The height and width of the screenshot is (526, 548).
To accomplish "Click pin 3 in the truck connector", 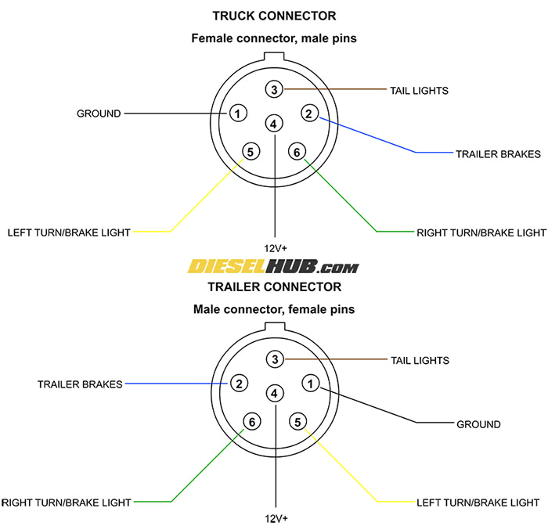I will [274, 89].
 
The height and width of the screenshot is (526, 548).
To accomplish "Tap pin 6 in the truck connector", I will [297, 151].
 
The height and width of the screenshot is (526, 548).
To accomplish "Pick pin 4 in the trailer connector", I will [274, 393].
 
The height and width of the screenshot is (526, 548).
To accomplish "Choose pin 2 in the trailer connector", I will [239, 384].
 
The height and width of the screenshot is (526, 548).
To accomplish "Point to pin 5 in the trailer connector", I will [297, 422].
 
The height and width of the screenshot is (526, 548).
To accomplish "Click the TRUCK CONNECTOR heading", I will [274, 16].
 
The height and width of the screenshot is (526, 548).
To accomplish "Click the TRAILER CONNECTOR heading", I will [274, 286].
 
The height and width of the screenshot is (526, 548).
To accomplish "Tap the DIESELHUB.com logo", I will [274, 267].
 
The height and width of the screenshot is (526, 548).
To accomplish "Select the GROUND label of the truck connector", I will [99, 113].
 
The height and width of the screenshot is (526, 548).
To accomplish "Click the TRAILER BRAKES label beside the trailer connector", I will [80, 384].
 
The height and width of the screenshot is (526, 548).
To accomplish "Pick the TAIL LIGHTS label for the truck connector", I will [419, 90].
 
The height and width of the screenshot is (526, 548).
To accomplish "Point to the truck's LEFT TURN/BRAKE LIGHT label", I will [69, 232].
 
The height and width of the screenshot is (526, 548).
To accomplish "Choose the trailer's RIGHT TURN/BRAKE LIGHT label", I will [67, 502].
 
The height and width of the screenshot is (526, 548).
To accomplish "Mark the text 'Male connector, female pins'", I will [274, 309].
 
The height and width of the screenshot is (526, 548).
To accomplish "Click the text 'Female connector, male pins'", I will [274, 38].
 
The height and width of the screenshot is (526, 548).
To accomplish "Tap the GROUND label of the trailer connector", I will [478, 424].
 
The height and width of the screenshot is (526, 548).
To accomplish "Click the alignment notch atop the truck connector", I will [274, 56].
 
